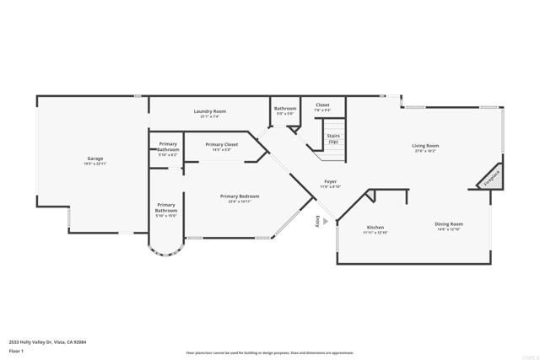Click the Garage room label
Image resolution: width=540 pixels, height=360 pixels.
point(94,158)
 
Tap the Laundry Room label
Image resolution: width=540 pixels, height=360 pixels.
point(209,111)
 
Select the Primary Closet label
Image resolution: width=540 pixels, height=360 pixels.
point(222,144)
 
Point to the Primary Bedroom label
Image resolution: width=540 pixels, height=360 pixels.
point(240,196)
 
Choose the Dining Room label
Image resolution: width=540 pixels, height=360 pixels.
point(449,223)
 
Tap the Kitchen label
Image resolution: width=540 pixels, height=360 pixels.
point(375,228)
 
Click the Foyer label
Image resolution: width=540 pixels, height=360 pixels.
point(331,181)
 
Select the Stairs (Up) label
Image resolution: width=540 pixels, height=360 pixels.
point(333,137)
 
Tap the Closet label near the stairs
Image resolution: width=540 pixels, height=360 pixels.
point(322,105)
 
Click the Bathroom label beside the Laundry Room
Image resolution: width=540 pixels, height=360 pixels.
point(285,108)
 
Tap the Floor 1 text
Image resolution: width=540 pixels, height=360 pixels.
point(16,350)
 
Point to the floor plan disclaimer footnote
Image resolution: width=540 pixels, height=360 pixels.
point(269,353)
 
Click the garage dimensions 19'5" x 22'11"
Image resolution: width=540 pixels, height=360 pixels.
point(94,163)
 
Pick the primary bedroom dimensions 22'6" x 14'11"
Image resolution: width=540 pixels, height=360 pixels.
point(240,201)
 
